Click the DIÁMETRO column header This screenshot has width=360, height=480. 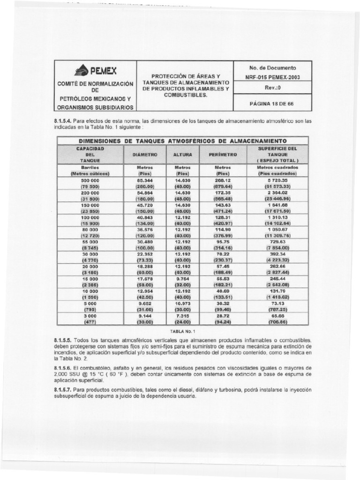(145, 154)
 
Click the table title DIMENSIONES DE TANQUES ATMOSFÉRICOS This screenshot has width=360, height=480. (183, 141)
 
